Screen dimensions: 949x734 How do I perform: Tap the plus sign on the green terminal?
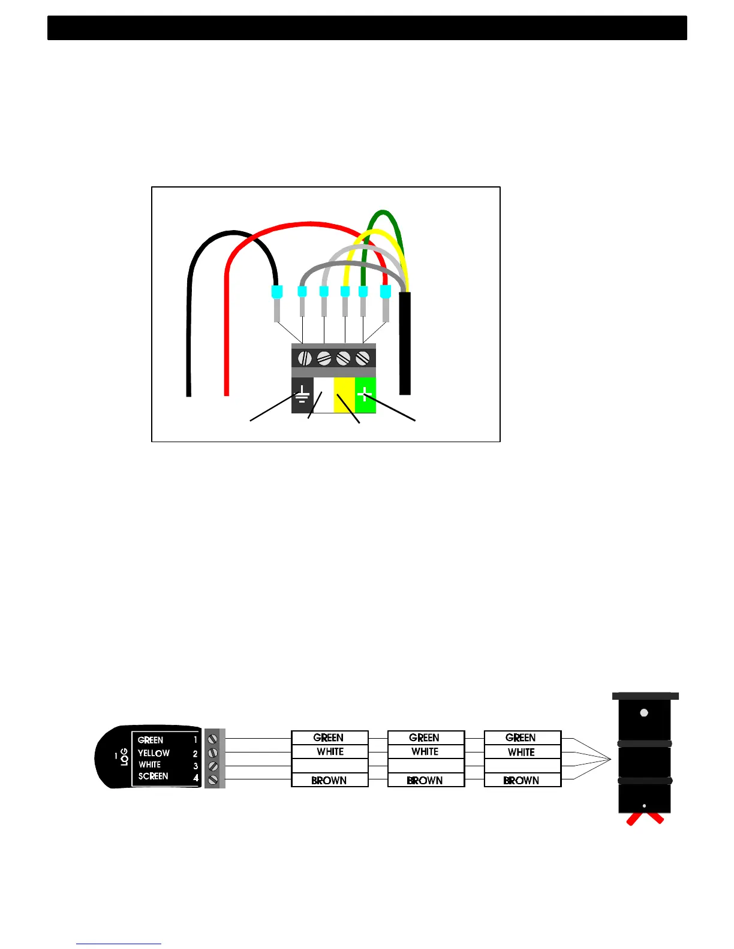coord(365,394)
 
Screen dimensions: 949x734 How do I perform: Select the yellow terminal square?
coord(344,395)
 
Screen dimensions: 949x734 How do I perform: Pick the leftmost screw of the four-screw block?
coord(305,358)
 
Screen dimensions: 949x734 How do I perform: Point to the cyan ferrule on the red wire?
coord(386,292)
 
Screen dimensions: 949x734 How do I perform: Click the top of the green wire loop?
coord(383,212)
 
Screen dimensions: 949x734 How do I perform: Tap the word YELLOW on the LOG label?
coord(154,753)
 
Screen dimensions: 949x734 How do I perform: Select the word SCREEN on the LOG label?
coord(153,776)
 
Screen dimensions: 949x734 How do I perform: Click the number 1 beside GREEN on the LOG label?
coord(195,741)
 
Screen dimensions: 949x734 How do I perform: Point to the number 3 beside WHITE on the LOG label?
coord(195,766)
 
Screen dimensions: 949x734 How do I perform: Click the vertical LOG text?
coord(124,757)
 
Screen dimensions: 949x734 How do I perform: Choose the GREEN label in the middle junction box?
coord(424,738)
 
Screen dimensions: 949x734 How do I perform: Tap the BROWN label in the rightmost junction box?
coord(521,781)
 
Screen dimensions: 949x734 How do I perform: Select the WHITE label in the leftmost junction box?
coord(330,752)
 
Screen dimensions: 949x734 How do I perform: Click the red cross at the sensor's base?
coord(645,818)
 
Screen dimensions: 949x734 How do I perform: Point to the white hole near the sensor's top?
coord(644,713)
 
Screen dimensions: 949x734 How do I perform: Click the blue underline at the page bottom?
coord(119,944)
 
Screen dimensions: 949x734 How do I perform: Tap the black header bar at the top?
coord(367,28)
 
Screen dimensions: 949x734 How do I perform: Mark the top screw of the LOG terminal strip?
coord(212,740)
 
